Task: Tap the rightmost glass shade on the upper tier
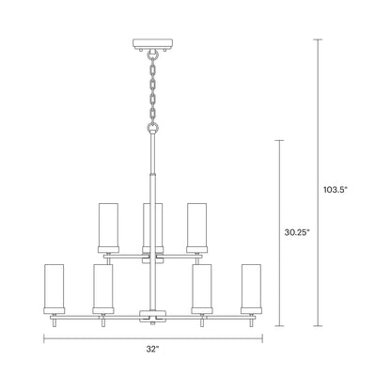click(195, 225)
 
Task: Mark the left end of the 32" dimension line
click(43, 339)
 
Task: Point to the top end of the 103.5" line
click(316, 39)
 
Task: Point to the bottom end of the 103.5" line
click(316, 328)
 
